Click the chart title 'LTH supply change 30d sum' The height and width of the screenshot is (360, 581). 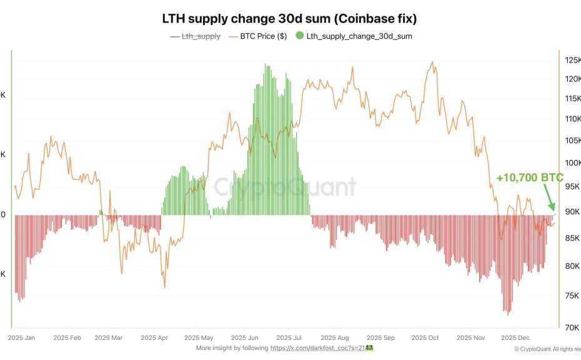(289, 18)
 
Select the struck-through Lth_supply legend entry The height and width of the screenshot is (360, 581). (201, 36)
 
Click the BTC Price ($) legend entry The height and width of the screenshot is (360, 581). (263, 36)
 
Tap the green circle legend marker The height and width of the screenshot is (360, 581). (300, 36)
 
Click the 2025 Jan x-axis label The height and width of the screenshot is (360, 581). (22, 337)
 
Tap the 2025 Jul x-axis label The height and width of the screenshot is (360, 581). (289, 337)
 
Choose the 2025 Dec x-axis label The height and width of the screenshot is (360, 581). (515, 337)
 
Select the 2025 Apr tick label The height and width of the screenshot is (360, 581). (153, 337)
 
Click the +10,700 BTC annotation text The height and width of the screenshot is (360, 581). (530, 178)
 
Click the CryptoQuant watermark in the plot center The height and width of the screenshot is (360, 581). (285, 187)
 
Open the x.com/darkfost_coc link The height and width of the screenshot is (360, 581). (317, 347)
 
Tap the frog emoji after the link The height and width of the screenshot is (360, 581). (369, 347)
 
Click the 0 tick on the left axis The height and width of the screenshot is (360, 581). (3, 214)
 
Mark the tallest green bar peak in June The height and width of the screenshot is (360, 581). (266, 64)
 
